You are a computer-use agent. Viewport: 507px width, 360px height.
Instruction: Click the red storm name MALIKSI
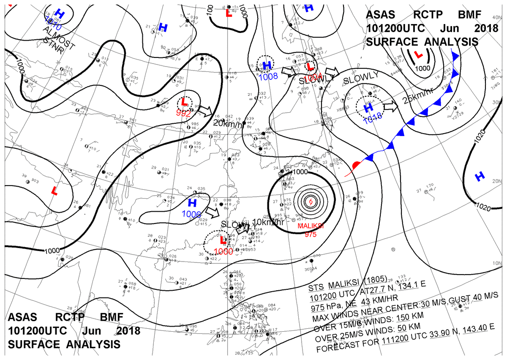311,226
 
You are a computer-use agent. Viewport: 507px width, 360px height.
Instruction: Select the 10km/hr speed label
268,222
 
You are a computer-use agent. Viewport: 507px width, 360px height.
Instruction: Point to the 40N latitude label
497,17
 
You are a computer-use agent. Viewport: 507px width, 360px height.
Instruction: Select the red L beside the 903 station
54,191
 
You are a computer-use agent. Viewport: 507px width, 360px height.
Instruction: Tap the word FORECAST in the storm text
336,349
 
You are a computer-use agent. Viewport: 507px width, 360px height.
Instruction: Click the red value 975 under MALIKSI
311,235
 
